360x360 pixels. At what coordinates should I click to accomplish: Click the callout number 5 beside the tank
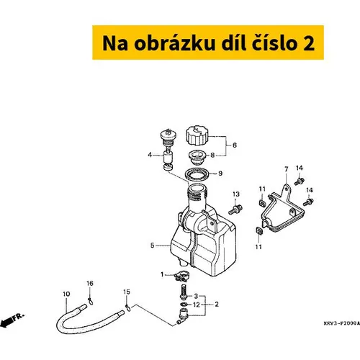pyautogui.click(x=152, y=246)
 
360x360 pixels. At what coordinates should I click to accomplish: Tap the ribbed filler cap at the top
pyautogui.click(x=197, y=135)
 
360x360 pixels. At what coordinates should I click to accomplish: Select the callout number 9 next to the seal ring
pyautogui.click(x=220, y=174)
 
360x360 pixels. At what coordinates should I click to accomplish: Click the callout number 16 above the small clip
pyautogui.click(x=90, y=284)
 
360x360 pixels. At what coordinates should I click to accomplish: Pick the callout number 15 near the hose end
pyautogui.click(x=127, y=292)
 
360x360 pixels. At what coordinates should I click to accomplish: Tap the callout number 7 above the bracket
pyautogui.click(x=287, y=169)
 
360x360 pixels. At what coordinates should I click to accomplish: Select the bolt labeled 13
pyautogui.click(x=235, y=209)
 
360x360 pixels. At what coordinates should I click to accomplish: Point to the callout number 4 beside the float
pyautogui.click(x=150, y=155)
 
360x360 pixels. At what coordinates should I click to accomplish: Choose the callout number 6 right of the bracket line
pyautogui.click(x=235, y=145)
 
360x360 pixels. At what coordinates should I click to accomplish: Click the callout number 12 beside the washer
pyautogui.click(x=197, y=305)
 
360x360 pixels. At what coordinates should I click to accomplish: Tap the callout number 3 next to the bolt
pyautogui.click(x=196, y=296)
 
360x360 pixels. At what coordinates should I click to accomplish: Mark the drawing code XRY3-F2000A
pyautogui.click(x=341, y=323)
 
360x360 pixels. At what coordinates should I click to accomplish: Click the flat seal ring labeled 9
pyautogui.click(x=197, y=174)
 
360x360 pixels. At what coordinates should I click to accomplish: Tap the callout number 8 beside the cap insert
pyautogui.click(x=212, y=155)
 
